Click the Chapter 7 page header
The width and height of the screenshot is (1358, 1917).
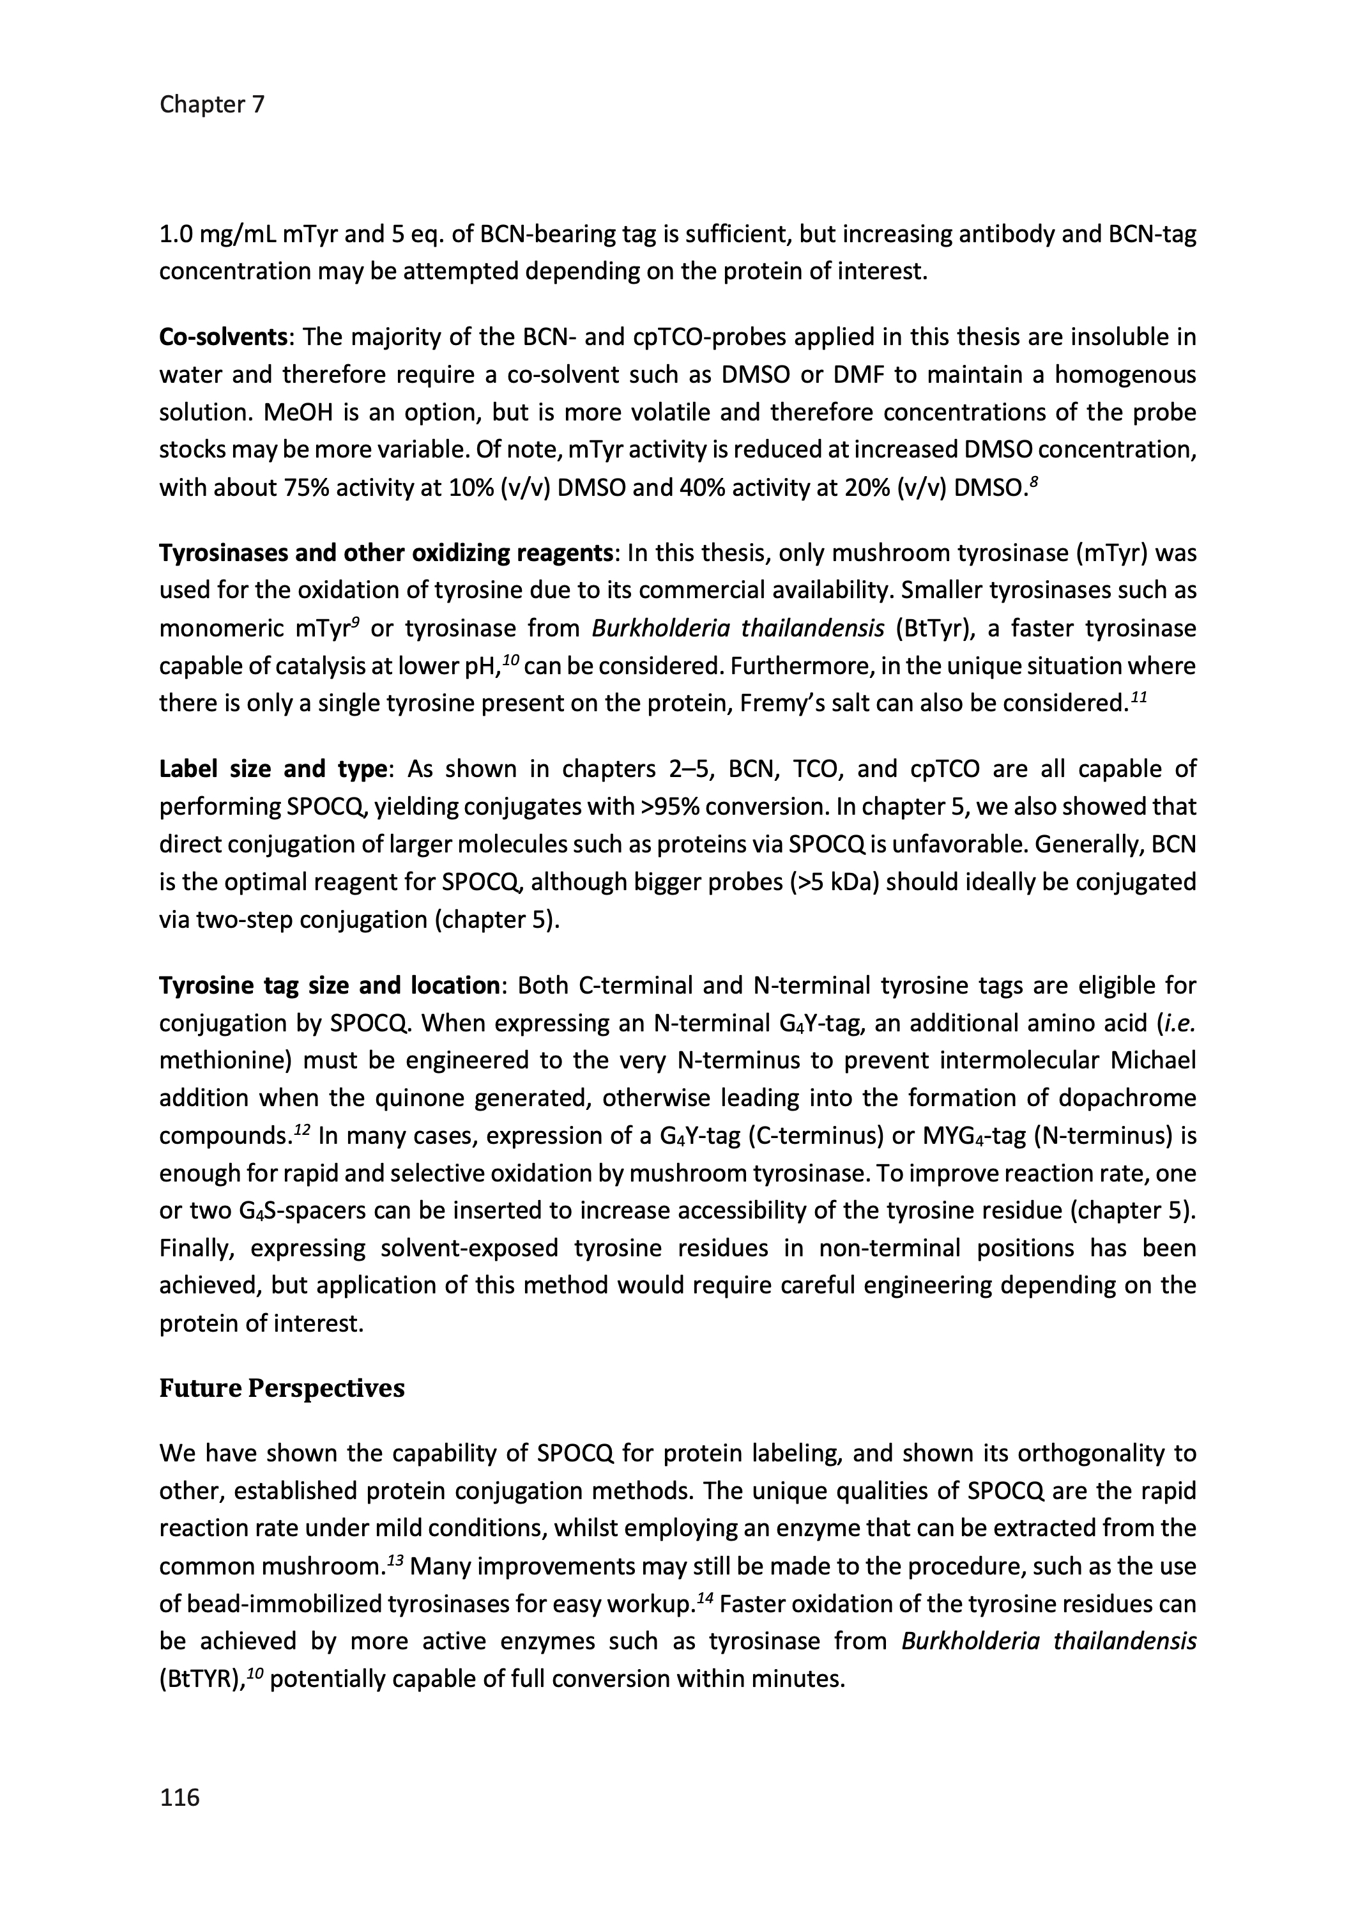coord(211,105)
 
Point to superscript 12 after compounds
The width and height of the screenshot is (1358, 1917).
coord(303,1129)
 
